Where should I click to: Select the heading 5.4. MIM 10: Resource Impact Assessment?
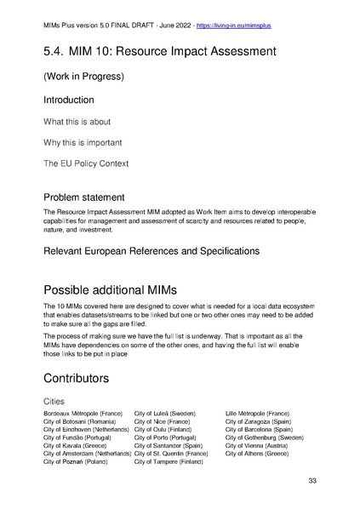[159, 52]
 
